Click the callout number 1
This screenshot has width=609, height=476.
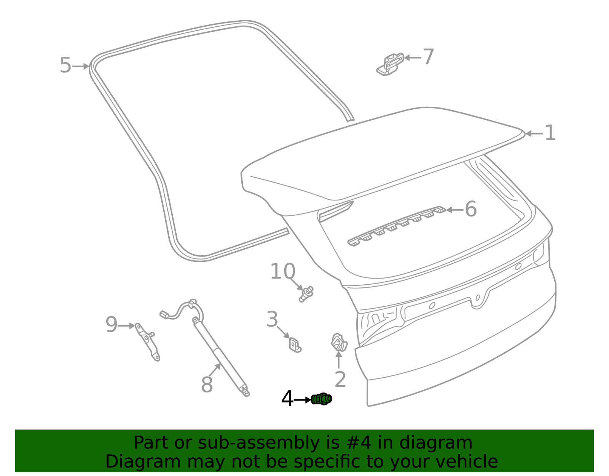tap(550, 133)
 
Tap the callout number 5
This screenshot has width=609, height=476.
tap(65, 66)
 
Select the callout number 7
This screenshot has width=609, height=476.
tap(428, 57)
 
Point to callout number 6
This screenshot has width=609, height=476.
tap(471, 209)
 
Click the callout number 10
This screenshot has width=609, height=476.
tap(282, 272)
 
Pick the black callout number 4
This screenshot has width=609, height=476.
tap(287, 399)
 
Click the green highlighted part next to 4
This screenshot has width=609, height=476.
tap(322, 399)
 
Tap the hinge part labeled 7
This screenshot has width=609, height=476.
tap(390, 64)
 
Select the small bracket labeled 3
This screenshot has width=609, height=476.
tap(295, 344)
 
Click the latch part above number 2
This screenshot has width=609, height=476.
tap(339, 342)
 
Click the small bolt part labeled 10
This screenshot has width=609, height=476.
tap(306, 294)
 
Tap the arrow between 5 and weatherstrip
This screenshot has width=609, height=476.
tap(81, 66)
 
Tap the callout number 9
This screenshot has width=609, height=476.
tap(111, 325)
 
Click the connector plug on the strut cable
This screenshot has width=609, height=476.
tap(164, 314)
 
